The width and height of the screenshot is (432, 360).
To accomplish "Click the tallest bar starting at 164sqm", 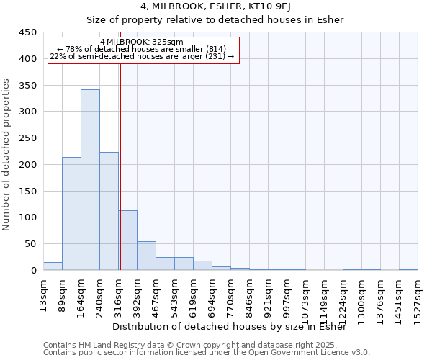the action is (91, 179).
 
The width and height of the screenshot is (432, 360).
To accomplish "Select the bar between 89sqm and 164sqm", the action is (71, 213).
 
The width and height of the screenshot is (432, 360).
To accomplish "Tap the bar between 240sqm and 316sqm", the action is (109, 211).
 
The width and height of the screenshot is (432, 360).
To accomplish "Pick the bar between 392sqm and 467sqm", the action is (147, 256).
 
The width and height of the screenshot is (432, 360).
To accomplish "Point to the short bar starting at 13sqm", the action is (53, 266).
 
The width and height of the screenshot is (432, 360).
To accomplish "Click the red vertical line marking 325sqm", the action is (121, 151).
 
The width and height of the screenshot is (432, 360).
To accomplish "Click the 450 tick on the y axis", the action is (28, 32).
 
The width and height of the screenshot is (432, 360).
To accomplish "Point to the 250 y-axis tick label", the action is (28, 138).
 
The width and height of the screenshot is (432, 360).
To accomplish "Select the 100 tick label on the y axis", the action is (28, 217).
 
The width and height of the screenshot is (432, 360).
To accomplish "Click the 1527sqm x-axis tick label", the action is (418, 302).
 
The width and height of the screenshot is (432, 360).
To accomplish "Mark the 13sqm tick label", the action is (43, 295).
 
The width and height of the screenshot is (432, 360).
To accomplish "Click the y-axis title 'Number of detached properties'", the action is (6, 155).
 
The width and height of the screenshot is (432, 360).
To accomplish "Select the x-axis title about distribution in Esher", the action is (229, 326).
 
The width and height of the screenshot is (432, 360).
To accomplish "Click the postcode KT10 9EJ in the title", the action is (269, 6).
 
